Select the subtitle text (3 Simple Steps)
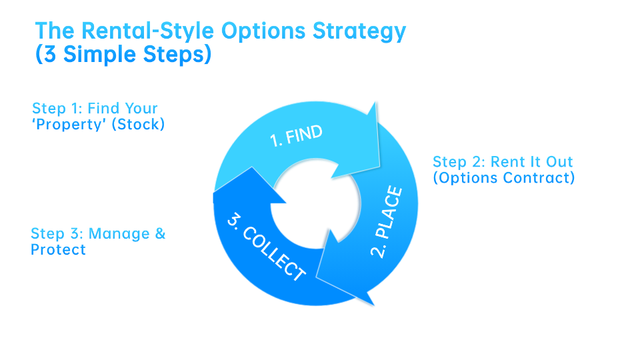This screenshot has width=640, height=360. click(x=123, y=55)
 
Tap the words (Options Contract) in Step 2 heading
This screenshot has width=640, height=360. click(x=503, y=178)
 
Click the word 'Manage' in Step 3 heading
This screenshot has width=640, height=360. click(x=117, y=234)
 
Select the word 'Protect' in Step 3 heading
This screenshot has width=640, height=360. click(x=58, y=250)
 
